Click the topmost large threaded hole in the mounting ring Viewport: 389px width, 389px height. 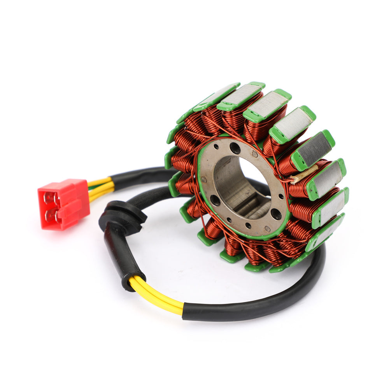coord(235,148)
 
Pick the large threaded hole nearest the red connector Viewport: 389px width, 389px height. coord(215,201)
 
